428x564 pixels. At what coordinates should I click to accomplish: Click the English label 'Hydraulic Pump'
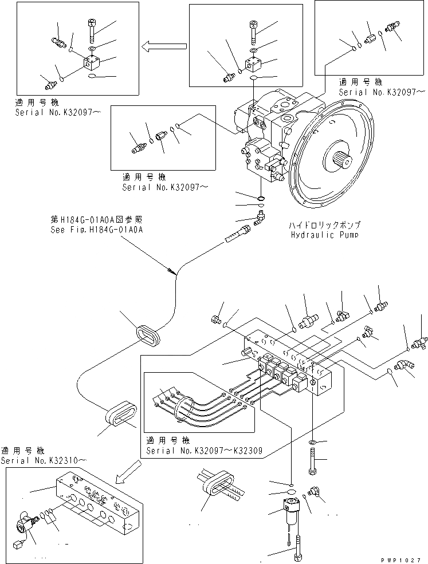(x=325, y=235)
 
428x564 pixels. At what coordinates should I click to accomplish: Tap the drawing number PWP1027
(x=401, y=560)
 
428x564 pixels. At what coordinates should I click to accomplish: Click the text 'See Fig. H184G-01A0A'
(x=97, y=230)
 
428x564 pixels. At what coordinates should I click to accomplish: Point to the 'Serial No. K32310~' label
(x=44, y=461)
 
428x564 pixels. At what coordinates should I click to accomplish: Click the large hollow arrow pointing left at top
(x=164, y=46)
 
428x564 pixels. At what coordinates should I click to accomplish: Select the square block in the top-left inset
(x=92, y=62)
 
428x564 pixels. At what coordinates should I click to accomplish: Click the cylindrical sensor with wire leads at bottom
(x=289, y=511)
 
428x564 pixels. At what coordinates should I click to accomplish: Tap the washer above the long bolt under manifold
(x=312, y=441)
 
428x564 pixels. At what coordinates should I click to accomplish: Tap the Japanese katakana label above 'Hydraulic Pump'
(x=325, y=226)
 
